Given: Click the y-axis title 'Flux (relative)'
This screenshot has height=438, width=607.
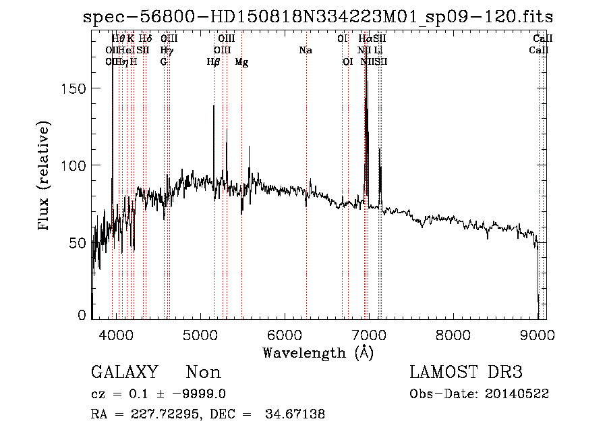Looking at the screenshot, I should pyautogui.click(x=45, y=177).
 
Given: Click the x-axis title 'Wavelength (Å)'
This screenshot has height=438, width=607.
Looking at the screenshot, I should pyautogui.click(x=318, y=352).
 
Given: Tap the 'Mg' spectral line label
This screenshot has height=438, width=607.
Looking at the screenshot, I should pyautogui.click(x=241, y=61).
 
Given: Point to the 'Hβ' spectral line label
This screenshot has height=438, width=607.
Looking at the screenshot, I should pyautogui.click(x=214, y=61).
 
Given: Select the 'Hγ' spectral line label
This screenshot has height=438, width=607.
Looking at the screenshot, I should pyautogui.click(x=167, y=50).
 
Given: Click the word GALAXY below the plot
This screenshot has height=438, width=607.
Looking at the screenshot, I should pyautogui.click(x=125, y=373).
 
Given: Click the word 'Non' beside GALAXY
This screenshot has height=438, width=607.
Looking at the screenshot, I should pyautogui.click(x=203, y=373).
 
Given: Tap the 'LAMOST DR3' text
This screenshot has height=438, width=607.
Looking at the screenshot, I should pyautogui.click(x=466, y=373).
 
